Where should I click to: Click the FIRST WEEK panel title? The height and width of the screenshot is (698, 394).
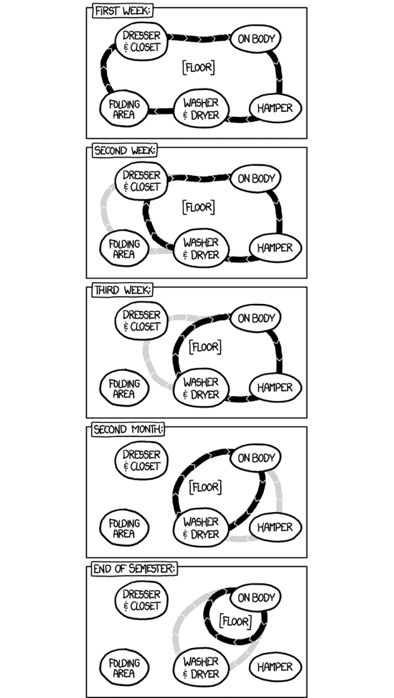tap(123, 11)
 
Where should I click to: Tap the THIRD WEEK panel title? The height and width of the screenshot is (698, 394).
tap(122, 290)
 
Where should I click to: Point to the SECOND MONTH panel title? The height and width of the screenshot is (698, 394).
tap(128, 430)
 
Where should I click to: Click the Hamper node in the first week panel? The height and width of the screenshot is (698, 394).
tap(275, 108)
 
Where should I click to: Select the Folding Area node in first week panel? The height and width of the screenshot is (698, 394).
tap(124, 109)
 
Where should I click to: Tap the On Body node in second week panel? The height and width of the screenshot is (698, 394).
tap(256, 179)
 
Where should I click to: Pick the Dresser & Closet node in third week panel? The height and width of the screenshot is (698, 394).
tap(141, 321)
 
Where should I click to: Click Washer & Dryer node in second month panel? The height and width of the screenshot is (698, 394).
tap(201, 528)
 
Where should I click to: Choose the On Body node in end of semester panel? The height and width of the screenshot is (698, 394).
tap(256, 598)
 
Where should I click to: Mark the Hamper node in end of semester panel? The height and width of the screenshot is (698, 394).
tap(275, 667)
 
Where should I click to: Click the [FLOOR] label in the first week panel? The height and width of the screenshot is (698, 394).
tap(198, 67)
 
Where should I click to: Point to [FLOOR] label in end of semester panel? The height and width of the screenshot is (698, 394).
tap(236, 622)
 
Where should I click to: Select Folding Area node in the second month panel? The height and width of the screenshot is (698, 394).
tap(124, 529)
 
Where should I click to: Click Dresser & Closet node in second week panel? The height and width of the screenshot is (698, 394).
tap(141, 181)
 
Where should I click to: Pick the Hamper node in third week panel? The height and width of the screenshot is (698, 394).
tap(275, 388)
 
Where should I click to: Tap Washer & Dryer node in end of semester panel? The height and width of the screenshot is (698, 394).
tap(201, 667)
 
